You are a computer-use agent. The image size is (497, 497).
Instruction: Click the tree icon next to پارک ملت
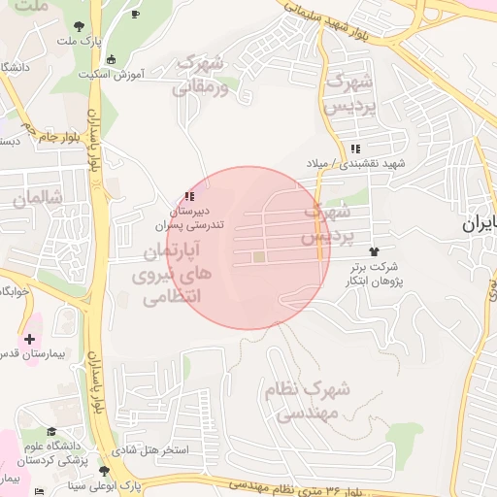click(x=78, y=25)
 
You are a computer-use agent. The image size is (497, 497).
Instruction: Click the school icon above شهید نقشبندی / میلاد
click(x=354, y=149)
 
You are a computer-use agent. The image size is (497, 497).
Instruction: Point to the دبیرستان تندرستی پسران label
click(x=197, y=216)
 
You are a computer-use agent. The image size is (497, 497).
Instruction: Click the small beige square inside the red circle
click(x=258, y=257)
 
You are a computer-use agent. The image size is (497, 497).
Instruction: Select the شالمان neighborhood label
click(x=38, y=198)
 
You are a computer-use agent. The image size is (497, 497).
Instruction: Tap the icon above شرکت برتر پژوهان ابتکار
click(x=374, y=250)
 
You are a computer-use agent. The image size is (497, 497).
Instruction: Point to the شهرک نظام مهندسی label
click(x=306, y=400)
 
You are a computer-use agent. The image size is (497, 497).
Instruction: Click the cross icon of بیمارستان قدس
click(x=30, y=339)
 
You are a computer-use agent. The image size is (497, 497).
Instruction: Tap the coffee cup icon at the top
click(x=135, y=15)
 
